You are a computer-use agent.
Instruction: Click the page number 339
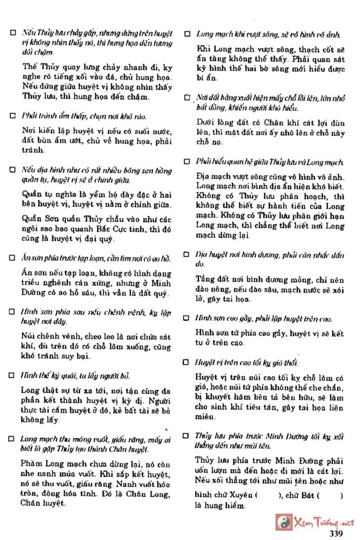tap(337, 532)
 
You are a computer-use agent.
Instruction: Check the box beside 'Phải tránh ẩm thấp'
tap(13, 115)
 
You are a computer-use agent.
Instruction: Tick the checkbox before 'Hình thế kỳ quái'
tap(13, 376)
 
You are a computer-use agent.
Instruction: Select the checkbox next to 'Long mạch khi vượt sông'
tap(187, 34)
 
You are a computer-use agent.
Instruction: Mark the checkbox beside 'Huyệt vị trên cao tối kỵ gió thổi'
tap(187, 363)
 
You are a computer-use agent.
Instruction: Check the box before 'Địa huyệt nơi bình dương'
tap(187, 253)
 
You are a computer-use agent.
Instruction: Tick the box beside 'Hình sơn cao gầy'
tap(187, 318)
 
